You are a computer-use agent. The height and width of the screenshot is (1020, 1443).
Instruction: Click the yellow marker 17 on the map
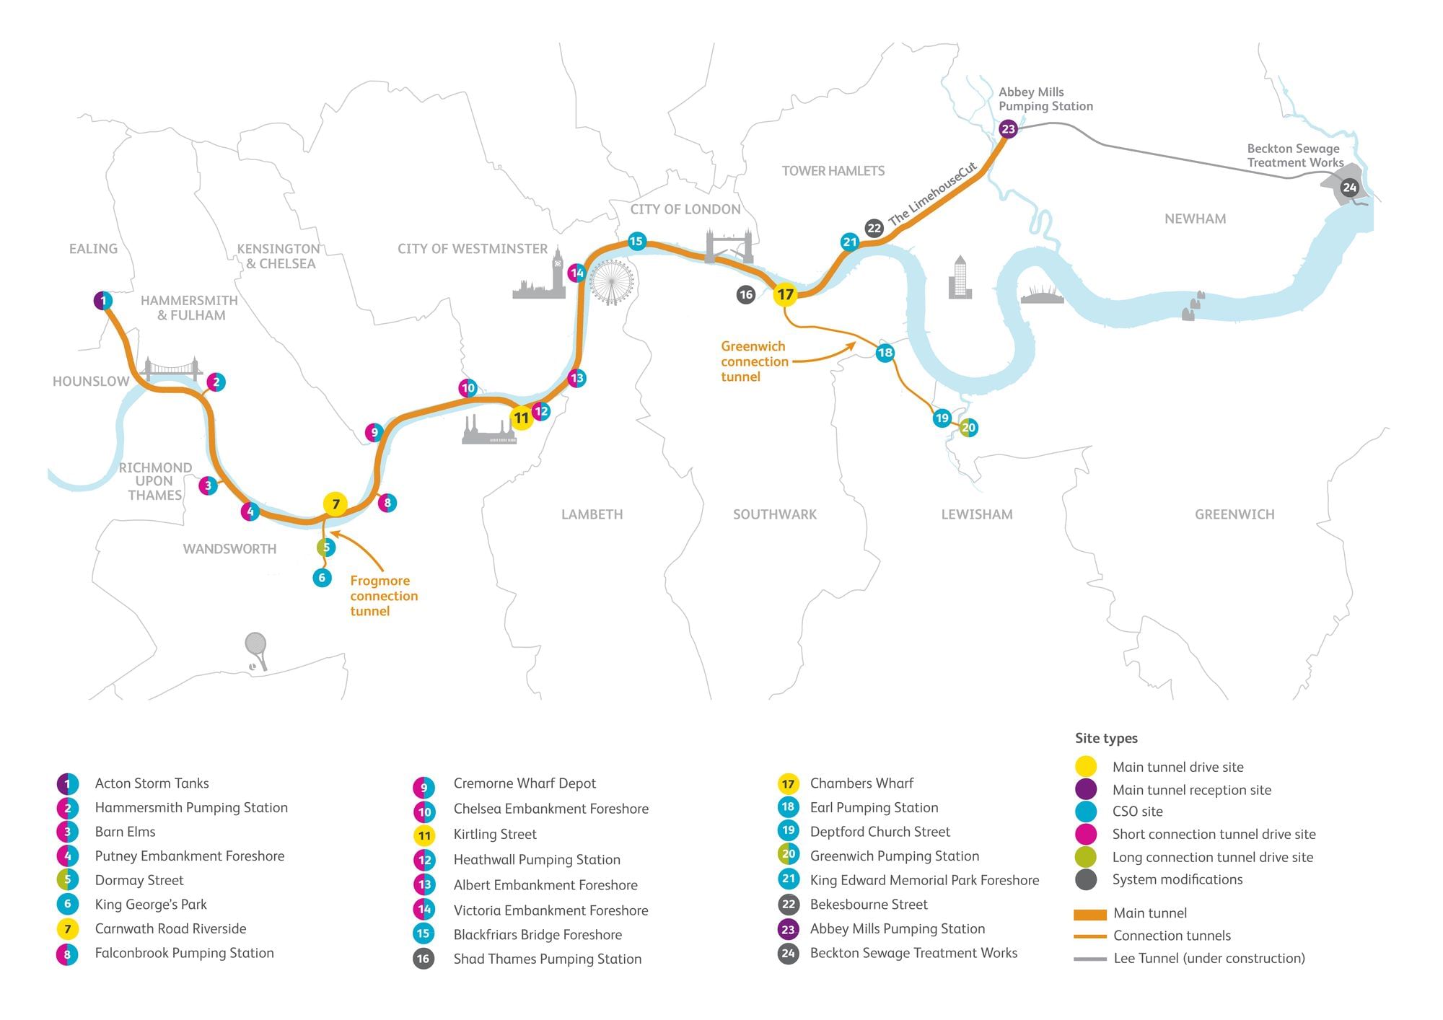[785, 294]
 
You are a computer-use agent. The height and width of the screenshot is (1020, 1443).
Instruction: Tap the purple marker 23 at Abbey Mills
[1008, 129]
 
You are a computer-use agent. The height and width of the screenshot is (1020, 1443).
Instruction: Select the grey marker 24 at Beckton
[1349, 188]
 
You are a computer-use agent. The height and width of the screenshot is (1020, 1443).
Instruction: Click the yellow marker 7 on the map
[335, 504]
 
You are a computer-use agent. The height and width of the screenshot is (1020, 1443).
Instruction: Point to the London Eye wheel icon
[612, 282]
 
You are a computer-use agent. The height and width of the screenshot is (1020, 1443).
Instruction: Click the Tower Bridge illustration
[729, 247]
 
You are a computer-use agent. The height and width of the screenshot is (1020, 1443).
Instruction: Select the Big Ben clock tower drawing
[558, 271]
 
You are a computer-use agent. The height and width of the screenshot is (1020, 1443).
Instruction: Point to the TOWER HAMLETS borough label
[833, 171]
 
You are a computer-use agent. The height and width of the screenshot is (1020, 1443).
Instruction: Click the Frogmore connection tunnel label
[383, 596]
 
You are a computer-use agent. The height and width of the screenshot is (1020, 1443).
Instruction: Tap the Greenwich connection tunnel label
[754, 361]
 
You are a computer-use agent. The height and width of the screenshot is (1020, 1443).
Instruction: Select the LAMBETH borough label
[592, 514]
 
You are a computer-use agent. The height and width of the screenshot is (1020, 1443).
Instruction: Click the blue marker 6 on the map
[322, 578]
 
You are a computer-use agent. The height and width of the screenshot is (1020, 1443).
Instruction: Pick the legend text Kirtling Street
[495, 835]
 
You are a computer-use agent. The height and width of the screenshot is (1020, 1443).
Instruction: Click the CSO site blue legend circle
[1085, 812]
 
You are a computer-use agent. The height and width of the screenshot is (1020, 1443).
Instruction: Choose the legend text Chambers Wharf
[861, 783]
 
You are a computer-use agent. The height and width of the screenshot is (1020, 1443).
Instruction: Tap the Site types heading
[1106, 738]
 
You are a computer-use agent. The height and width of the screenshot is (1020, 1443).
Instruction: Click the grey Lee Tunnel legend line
[1089, 959]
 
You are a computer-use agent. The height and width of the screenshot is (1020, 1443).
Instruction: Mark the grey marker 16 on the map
[746, 294]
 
